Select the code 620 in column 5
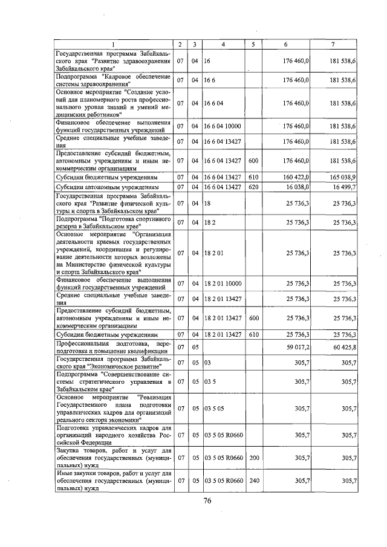coord(253,189)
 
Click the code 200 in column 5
coord(253,458)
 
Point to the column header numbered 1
coord(113,45)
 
